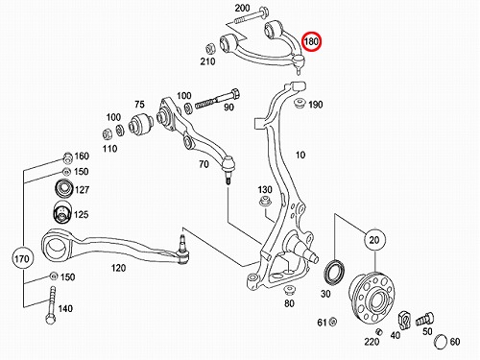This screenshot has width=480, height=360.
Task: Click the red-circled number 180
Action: coord(311,41)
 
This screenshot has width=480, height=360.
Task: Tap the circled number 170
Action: coord(22,258)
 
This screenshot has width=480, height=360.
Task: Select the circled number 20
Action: coord(374,240)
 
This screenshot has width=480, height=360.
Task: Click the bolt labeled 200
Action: coord(252,17)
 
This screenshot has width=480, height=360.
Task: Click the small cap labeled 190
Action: coord(300,104)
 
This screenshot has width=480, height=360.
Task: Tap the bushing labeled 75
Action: coord(141,123)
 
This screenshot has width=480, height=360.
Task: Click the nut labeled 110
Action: coord(108,133)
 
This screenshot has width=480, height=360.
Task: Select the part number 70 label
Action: coord(204,164)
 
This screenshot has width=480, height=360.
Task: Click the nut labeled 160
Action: coord(66,157)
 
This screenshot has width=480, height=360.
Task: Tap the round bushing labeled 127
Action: coord(64,189)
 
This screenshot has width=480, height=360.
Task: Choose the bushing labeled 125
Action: coord(61,212)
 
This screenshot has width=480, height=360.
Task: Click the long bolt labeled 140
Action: coord(51,304)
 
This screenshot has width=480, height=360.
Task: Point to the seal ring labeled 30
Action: coord(335,272)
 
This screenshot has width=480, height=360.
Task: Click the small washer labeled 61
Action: coord(333,322)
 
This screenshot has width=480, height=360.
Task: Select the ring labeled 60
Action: coord(441,341)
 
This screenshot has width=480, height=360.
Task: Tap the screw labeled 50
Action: coord(424,319)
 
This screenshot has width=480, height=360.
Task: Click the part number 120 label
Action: coord(118,268)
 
